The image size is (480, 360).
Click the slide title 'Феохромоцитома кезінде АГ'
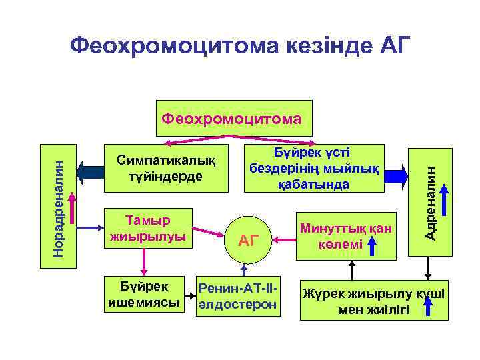click(241, 46)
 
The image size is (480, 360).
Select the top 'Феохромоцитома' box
click(233, 119)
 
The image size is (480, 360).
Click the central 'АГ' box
click(248, 240)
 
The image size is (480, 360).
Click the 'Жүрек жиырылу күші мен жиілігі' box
click(373, 301)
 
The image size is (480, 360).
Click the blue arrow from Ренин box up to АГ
click(245, 268)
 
